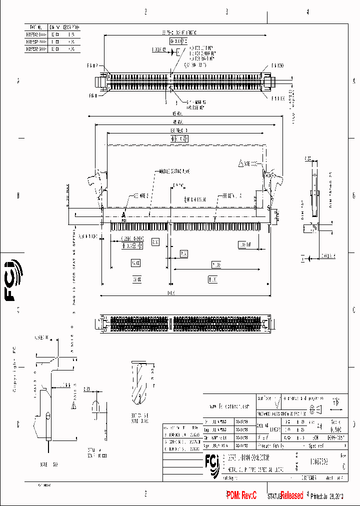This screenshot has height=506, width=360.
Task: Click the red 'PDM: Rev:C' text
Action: (241, 495)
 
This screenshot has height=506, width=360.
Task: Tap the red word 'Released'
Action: (291, 495)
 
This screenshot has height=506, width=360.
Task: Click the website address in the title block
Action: (229, 406)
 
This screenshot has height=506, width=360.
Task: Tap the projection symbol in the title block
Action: (316, 410)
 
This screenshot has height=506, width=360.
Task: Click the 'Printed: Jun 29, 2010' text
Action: (327, 496)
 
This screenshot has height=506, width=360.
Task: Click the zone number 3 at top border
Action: (226, 11)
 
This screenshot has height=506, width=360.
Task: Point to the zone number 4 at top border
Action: (307, 11)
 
